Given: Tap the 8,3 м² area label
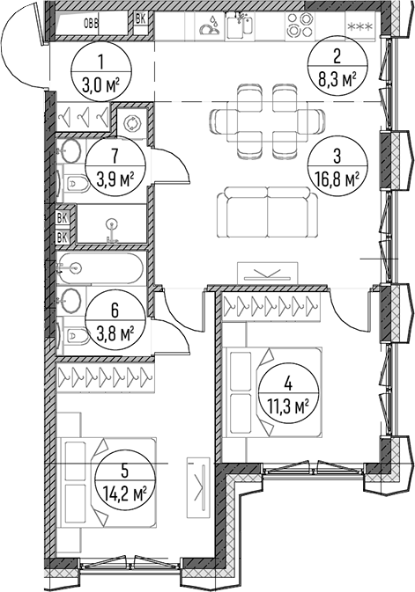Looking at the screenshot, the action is (337, 80).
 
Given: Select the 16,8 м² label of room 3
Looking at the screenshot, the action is (337, 179).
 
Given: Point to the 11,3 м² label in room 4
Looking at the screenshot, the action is (288, 407).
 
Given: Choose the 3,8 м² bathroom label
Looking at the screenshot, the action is (115, 333).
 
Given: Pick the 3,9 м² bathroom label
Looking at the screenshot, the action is (115, 179).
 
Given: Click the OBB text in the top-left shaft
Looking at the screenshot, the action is (91, 24).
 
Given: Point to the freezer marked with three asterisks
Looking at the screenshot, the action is (359, 26).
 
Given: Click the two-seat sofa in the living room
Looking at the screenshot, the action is (268, 211).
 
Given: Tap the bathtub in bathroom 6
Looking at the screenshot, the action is (100, 268).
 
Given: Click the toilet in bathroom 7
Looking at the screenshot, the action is (75, 184).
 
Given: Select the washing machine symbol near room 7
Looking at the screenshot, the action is (131, 123).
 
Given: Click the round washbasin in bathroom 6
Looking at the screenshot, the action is (70, 300).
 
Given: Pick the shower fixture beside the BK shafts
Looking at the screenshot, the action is (112, 230).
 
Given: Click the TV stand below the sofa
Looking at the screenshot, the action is (267, 273).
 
